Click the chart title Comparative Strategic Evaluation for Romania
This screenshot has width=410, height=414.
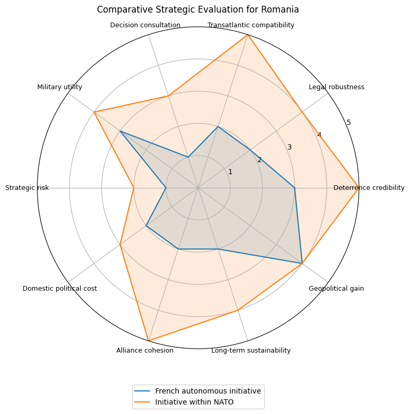pyautogui.click(x=198, y=9)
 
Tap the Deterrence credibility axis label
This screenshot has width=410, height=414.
pyautogui.click(x=369, y=188)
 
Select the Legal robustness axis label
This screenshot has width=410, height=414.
pyautogui.click(x=336, y=87)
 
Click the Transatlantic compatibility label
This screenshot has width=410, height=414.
pyautogui.click(x=251, y=25)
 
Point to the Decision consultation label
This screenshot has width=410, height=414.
pyautogui.click(x=145, y=25)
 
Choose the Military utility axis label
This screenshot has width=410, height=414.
pyautogui.click(x=60, y=87)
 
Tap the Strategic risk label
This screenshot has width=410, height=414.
pyautogui.click(x=27, y=188)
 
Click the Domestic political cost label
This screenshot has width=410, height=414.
pyautogui.click(x=60, y=289)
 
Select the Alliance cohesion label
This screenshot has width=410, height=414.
pyautogui.click(x=145, y=351)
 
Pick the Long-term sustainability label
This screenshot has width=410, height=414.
pyautogui.click(x=251, y=351)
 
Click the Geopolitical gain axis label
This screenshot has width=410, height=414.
pyautogui.click(x=336, y=289)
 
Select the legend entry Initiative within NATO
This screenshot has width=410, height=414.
pyautogui.click(x=194, y=402)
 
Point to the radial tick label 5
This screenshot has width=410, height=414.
pyautogui.click(x=349, y=123)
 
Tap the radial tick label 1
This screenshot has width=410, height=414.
pyautogui.click(x=230, y=172)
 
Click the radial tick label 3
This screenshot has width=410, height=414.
pyautogui.click(x=289, y=147)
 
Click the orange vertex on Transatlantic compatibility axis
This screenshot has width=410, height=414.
pyautogui.click(x=247, y=35)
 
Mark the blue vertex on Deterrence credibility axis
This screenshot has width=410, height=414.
pyautogui.click(x=295, y=188)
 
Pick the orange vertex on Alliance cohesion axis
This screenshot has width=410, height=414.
pyautogui.click(x=148, y=341)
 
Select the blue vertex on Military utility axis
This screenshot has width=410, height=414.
pyautogui.click(x=120, y=131)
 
